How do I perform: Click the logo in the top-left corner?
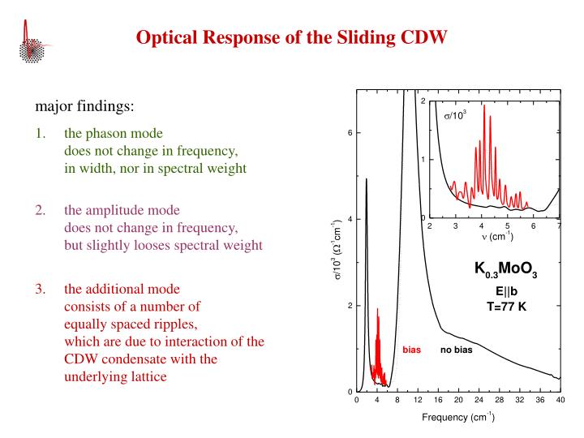pyautogui.click(x=33, y=41)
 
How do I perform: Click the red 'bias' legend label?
pyautogui.click(x=412, y=350)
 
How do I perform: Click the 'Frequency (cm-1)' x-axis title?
pyautogui.click(x=457, y=419)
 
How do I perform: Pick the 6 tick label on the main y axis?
pyautogui.click(x=349, y=133)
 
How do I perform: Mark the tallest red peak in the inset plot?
pyautogui.click(x=484, y=107)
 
